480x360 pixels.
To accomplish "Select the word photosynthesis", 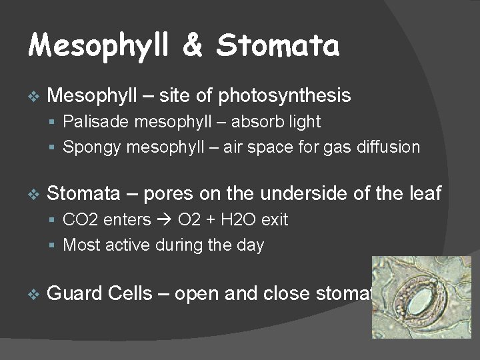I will point(284,96).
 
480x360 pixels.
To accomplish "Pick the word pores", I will point(168,193).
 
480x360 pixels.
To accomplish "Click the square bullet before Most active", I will point(54,245).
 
